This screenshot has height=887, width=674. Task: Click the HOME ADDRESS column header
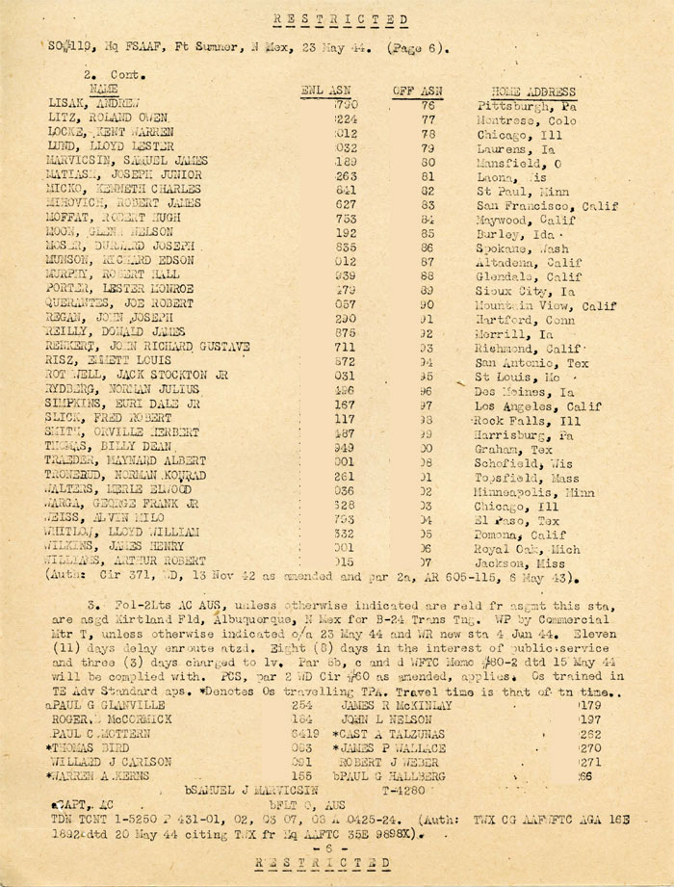click(532, 91)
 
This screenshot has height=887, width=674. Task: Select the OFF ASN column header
click(416, 91)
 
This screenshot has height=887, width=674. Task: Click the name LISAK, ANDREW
click(94, 102)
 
